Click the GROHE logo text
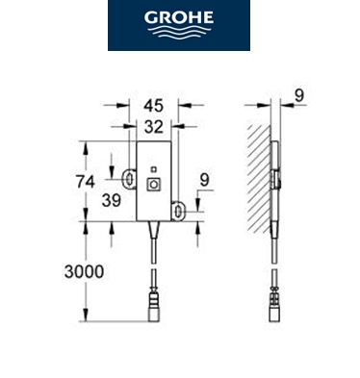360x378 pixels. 179,17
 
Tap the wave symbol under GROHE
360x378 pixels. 179,32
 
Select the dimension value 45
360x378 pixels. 154,106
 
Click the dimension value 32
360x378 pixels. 154,127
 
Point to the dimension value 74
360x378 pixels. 86,182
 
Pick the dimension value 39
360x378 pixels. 112,201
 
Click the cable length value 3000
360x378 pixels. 84,272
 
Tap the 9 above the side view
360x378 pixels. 298,95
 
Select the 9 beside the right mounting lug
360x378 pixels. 204,180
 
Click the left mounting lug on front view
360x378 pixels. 129,178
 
